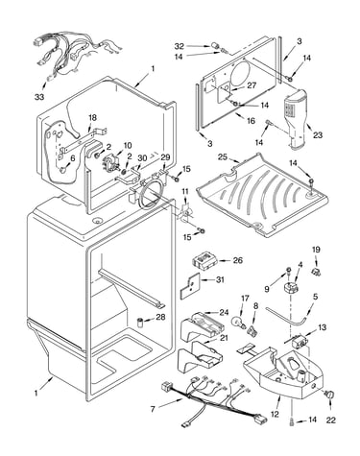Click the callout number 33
pyautogui.click(x=39, y=97)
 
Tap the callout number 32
pyautogui.click(x=180, y=46)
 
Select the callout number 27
pyautogui.click(x=252, y=85)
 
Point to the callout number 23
pyautogui.click(x=318, y=135)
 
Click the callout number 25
pyautogui.click(x=223, y=157)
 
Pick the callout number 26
pyautogui.click(x=238, y=260)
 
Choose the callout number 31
pyautogui.click(x=220, y=279)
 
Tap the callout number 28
pyautogui.click(x=160, y=317)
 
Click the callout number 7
pyautogui.click(x=153, y=409)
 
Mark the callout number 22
pyautogui.click(x=331, y=420)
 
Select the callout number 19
pyautogui.click(x=316, y=250)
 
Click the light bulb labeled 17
pyautogui.click(x=238, y=321)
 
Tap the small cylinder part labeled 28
pyautogui.click(x=141, y=323)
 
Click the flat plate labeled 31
pyautogui.click(x=190, y=285)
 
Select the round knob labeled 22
pyautogui.click(x=329, y=395)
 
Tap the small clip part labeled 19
pyautogui.click(x=316, y=272)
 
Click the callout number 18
pyautogui.click(x=92, y=118)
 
